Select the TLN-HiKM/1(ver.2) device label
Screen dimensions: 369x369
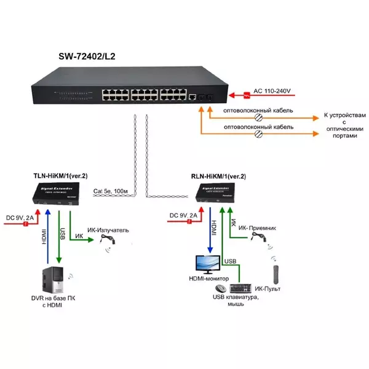[60, 175]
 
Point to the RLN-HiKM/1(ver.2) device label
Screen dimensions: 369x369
[218, 177]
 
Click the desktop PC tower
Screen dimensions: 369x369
[52, 282]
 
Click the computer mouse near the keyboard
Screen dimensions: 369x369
[220, 289]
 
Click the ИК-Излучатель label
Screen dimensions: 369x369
[108, 230]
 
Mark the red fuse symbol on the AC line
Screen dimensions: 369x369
[247, 95]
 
